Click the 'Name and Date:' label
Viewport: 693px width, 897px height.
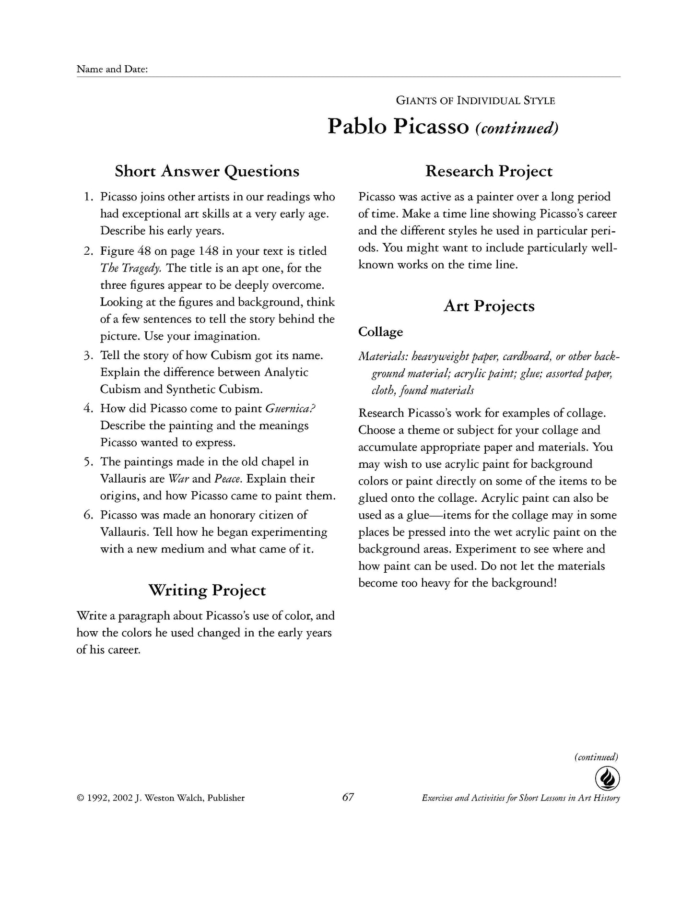[112, 70]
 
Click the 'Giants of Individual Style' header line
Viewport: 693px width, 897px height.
[475, 101]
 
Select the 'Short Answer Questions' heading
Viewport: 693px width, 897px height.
[207, 171]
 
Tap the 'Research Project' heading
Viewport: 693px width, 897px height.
[489, 171]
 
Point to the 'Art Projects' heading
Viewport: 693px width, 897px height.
[489, 306]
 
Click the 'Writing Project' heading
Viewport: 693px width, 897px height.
[207, 590]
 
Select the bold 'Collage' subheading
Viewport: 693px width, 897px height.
[381, 332]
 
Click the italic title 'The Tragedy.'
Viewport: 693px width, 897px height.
[130, 269]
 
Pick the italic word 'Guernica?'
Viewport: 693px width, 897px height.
[291, 409]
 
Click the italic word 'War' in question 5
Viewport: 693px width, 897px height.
[179, 479]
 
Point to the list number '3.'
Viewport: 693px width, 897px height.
[89, 356]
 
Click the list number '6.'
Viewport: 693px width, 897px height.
[89, 515]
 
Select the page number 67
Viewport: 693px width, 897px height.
[348, 797]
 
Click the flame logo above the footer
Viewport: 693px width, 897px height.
[607, 779]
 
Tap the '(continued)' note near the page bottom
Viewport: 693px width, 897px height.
[596, 757]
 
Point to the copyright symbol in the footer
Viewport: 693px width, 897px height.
[81, 798]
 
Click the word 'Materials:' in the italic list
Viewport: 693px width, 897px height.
[377, 357]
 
